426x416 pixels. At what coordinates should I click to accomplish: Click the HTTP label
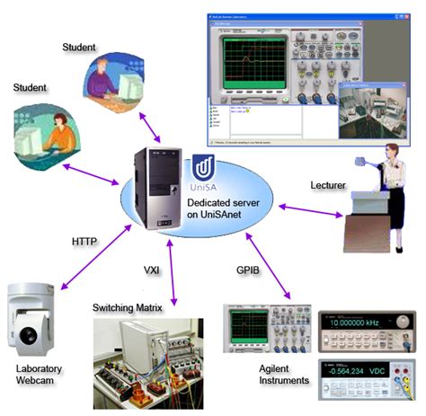[84, 241]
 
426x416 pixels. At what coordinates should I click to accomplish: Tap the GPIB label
[248, 268]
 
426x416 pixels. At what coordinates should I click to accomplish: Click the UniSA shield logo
[204, 170]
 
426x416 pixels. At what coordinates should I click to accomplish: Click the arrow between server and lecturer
[310, 210]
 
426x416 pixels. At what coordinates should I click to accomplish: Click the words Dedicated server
[224, 204]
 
